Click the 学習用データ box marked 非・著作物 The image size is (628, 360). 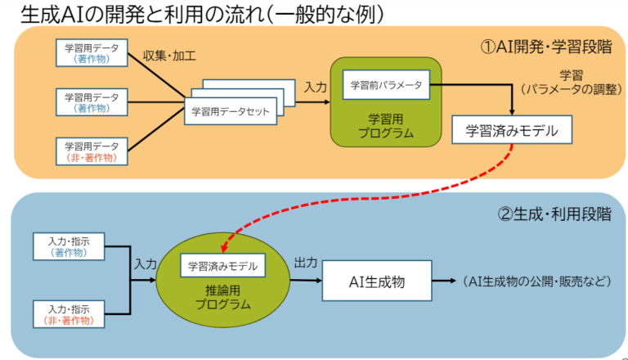pyautogui.click(x=92, y=151)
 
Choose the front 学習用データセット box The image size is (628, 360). pyautogui.click(x=231, y=111)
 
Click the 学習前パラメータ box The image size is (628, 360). pyautogui.click(x=386, y=84)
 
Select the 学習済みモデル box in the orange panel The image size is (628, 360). pyautogui.click(x=512, y=129)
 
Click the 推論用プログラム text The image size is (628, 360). pyautogui.click(x=222, y=297)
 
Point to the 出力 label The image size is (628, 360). pyautogui.click(x=306, y=263)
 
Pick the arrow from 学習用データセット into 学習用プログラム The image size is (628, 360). pyautogui.click(x=314, y=101)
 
